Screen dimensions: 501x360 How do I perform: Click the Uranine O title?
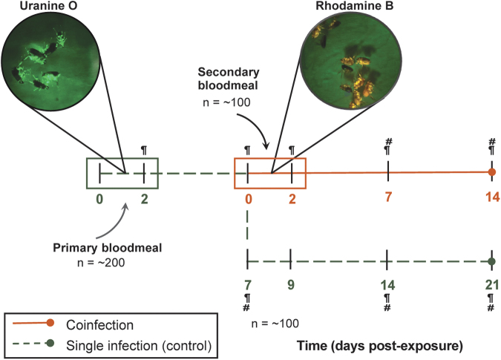48,6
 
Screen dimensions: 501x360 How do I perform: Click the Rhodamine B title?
355,6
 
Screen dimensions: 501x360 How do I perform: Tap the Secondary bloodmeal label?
229,79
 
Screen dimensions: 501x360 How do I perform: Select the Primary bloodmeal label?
108,248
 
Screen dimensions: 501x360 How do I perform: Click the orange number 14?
492,197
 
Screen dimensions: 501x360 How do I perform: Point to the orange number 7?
388,197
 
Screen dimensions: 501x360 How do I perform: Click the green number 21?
492,285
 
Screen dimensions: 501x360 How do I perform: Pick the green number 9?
290,284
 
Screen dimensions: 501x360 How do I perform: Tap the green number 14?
387,285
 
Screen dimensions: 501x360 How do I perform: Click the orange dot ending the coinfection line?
492,172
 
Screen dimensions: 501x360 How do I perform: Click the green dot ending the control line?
492,261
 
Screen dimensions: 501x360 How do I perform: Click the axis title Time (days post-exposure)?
380,346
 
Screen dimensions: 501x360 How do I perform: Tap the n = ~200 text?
101,263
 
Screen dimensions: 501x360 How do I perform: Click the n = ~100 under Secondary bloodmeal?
226,102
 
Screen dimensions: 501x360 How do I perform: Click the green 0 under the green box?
99,200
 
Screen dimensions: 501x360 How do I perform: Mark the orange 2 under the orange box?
292,200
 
